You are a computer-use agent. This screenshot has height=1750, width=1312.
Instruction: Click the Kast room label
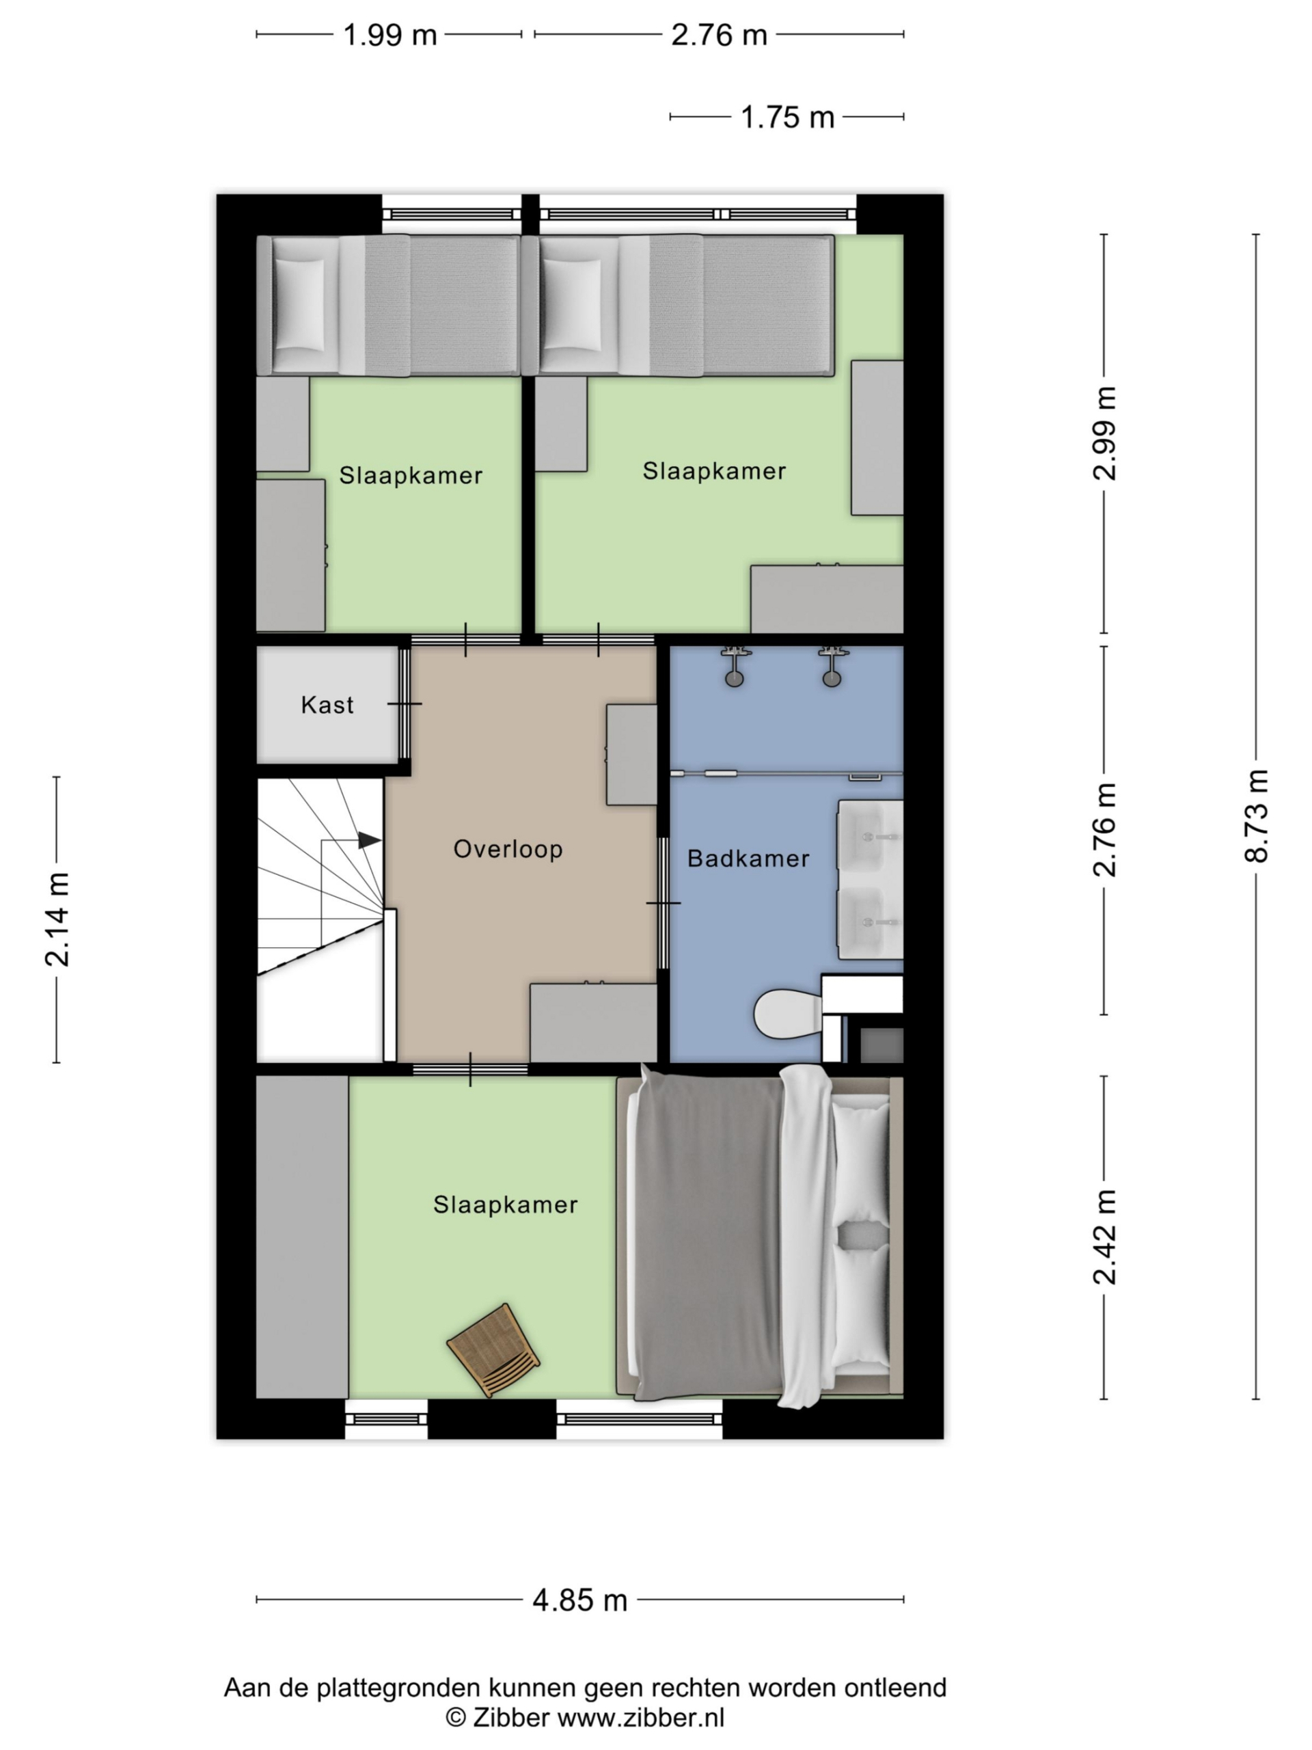(327, 704)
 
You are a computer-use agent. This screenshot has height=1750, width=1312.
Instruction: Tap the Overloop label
(508, 849)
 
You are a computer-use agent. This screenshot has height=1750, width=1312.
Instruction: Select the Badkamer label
(748, 859)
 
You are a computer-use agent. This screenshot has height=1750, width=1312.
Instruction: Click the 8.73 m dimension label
(1256, 816)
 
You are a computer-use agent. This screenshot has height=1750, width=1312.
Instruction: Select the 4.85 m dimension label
(579, 1600)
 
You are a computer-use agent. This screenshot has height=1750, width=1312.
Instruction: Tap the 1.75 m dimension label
(787, 117)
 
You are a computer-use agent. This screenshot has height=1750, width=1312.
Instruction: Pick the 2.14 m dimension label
(57, 919)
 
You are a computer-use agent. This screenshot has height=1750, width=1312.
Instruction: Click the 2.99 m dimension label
(1105, 433)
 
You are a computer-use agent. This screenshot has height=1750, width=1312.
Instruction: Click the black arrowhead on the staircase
(369, 840)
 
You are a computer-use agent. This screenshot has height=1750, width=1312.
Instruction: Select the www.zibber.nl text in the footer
(640, 1718)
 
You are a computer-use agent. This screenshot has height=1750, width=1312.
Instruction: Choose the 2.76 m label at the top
(719, 35)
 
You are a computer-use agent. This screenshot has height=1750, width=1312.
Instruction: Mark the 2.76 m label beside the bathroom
(1105, 829)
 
